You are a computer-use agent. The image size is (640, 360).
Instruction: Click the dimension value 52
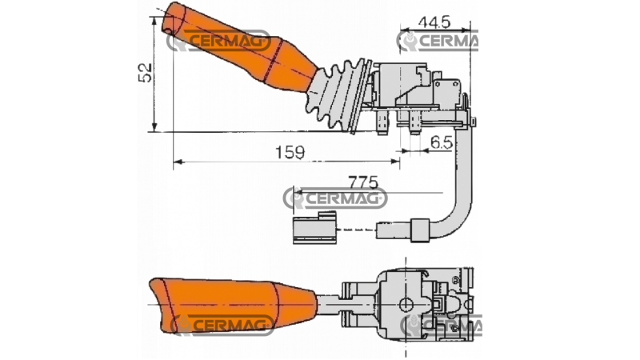point(144,73)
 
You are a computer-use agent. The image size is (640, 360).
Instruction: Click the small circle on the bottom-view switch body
point(407,303)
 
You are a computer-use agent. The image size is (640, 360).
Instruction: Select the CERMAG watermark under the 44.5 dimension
point(438,41)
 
